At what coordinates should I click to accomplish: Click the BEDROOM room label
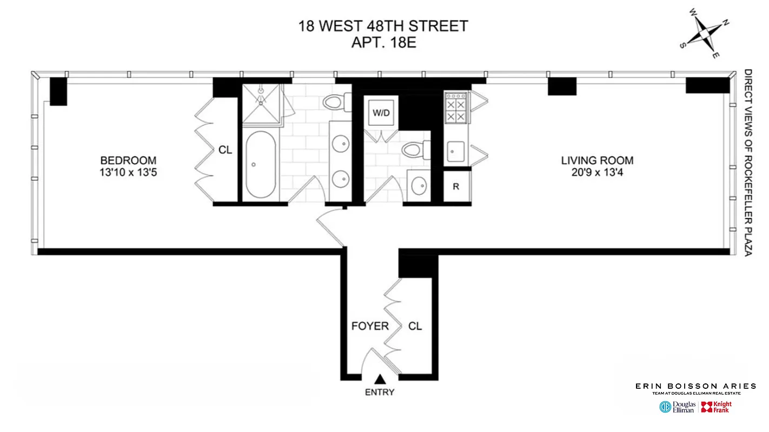(128, 160)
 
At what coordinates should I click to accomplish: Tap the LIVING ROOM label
(597, 160)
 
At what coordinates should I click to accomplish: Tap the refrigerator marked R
(456, 187)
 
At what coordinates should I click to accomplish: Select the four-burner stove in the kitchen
(455, 107)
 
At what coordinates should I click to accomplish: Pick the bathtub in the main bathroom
(261, 165)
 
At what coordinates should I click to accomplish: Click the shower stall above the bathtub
(261, 104)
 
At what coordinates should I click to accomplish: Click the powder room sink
(419, 186)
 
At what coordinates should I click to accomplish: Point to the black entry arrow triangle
(381, 380)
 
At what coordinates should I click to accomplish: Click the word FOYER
(370, 326)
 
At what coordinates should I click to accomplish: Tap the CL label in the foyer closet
(415, 326)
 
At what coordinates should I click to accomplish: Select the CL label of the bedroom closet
(225, 150)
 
